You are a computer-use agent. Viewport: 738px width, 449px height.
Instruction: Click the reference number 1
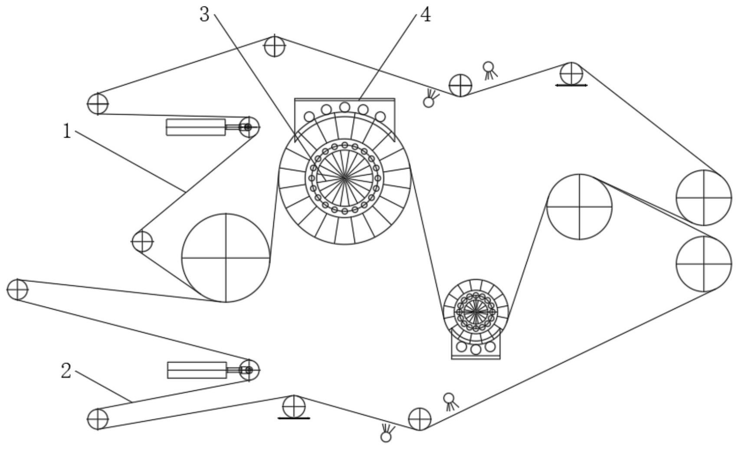click(x=66, y=131)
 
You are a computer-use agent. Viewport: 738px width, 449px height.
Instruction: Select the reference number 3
click(x=204, y=15)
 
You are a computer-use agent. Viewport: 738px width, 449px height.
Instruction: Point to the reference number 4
click(x=426, y=15)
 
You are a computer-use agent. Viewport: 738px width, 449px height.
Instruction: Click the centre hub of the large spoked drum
click(x=344, y=178)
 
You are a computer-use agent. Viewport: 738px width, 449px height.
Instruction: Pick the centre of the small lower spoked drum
click(x=476, y=311)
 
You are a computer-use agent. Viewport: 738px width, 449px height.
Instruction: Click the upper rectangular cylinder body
click(x=196, y=127)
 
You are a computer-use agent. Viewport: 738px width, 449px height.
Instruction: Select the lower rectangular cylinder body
click(x=197, y=370)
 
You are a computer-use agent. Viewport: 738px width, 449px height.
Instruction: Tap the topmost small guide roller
click(x=275, y=46)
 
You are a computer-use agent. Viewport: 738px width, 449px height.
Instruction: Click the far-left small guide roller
click(x=17, y=290)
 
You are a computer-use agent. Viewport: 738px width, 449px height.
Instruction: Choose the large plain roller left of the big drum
click(x=226, y=258)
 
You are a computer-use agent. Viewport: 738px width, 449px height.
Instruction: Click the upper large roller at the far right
click(x=704, y=198)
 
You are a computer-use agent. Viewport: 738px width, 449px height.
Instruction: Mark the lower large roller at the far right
click(x=704, y=264)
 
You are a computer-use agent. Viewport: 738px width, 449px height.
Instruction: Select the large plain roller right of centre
click(x=579, y=207)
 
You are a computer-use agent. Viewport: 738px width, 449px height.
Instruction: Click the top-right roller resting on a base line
click(x=571, y=73)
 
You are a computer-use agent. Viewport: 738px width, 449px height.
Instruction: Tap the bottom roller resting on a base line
click(x=294, y=406)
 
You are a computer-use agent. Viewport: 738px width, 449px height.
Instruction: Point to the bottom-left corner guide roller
click(x=98, y=419)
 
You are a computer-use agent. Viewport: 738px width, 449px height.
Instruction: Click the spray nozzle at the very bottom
click(x=386, y=436)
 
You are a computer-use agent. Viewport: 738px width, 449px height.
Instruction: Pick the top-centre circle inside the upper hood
click(x=344, y=107)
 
